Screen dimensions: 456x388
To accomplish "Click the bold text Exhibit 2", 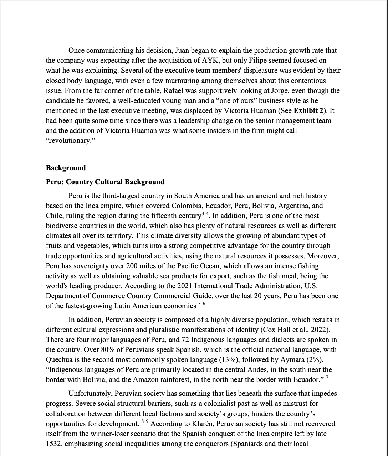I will (x=309, y=110).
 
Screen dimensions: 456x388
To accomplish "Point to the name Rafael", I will (x=174, y=90).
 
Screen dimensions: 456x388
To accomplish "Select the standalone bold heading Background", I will (x=66, y=168).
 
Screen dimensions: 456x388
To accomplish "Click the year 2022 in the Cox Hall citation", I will (x=323, y=330).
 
